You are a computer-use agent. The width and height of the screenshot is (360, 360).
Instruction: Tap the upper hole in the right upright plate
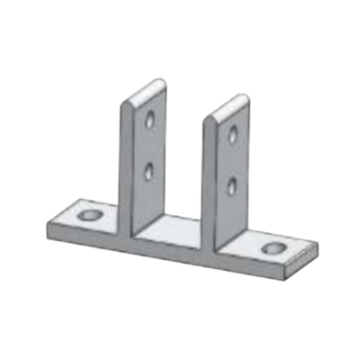click(x=234, y=135)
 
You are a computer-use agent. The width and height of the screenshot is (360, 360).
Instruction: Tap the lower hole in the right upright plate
click(x=233, y=184)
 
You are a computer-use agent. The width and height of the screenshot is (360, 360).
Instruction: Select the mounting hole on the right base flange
click(x=273, y=248)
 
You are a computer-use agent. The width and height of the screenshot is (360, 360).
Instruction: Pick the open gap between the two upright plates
click(x=184, y=171)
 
